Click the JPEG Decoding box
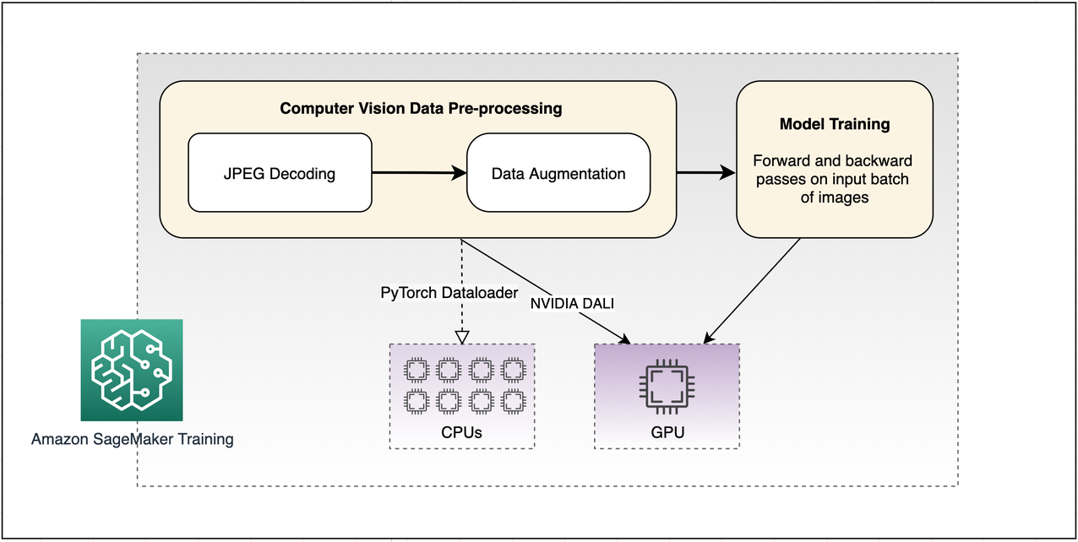(x=280, y=174)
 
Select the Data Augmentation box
(x=558, y=174)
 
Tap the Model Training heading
(x=835, y=124)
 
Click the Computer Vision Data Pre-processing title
(x=421, y=108)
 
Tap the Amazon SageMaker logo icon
(x=132, y=370)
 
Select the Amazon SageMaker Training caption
(x=133, y=439)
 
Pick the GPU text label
(x=667, y=432)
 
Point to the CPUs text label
(x=461, y=432)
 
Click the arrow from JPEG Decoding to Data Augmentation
(x=419, y=174)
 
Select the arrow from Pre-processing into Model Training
(x=706, y=173)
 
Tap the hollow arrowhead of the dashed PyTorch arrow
(x=461, y=336)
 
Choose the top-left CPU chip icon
(x=416, y=370)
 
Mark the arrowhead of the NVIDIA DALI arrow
(x=626, y=339)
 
